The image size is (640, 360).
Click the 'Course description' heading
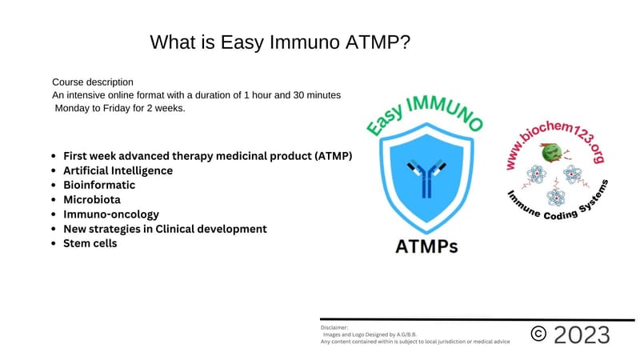coord(93,82)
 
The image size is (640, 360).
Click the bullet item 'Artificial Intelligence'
coord(118,170)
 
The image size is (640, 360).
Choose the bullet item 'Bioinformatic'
coord(99,185)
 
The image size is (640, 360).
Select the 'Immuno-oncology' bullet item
coord(111,214)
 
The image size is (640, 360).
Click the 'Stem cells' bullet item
coord(90,243)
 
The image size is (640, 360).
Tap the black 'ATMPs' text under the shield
coord(426,246)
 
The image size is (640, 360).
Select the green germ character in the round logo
coord(550,152)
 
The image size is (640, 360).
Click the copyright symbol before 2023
coord(539,334)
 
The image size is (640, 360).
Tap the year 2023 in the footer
coord(582,334)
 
